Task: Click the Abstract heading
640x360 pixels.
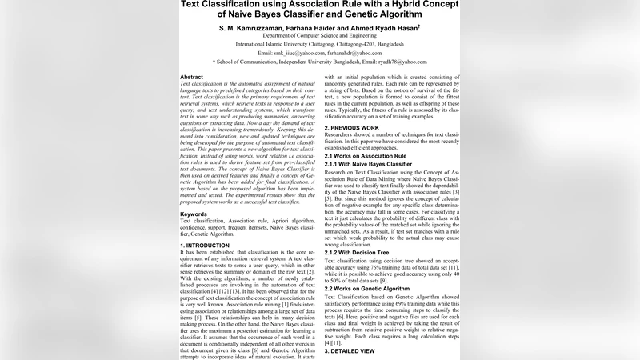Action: tap(192, 77)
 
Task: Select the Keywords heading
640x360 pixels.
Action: tap(196, 214)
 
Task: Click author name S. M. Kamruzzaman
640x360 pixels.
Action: tap(255, 27)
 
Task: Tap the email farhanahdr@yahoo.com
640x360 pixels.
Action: tap(351, 53)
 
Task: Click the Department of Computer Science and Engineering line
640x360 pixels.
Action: tap(320, 36)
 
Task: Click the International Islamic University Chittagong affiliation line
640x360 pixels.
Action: tap(320, 44)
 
